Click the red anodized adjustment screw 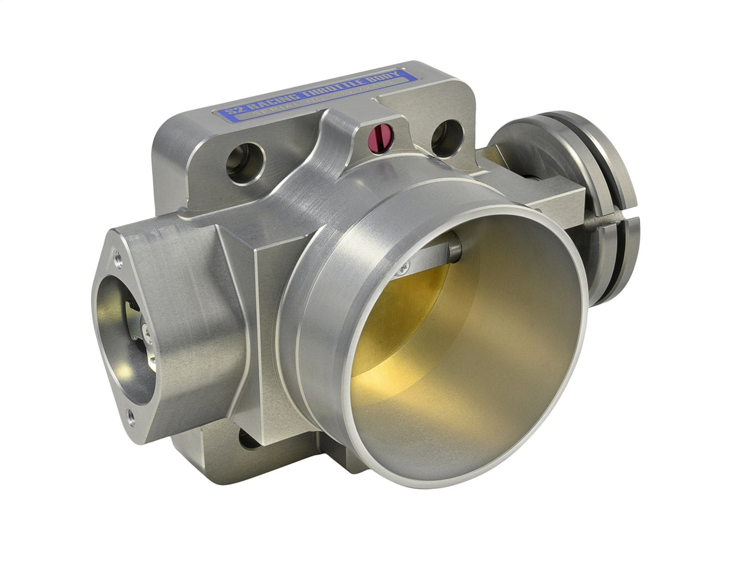pos(381,137)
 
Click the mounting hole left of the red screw pos(245,163)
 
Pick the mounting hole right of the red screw pos(447,138)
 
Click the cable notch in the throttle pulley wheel pos(609,218)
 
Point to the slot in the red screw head pos(381,137)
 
